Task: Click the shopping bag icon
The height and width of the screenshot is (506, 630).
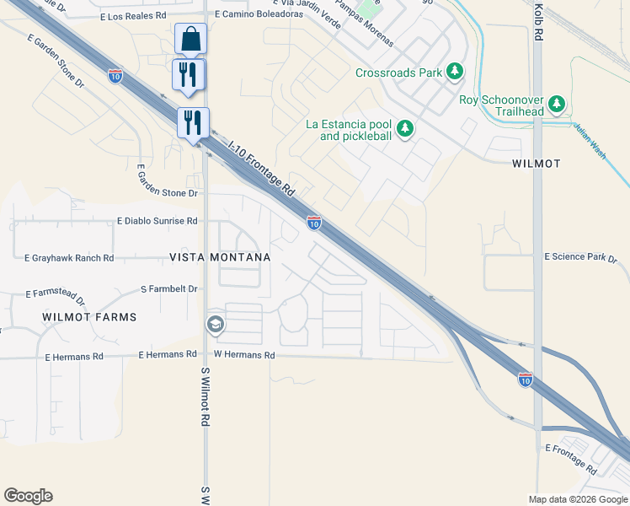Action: point(190,39)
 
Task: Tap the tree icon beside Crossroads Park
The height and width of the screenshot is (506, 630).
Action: point(455,72)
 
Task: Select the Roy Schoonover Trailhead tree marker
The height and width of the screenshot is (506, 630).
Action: point(557,104)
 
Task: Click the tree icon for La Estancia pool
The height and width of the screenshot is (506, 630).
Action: point(405,128)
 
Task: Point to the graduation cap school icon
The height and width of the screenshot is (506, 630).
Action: point(216,324)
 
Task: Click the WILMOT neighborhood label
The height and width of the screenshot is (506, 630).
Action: point(536,164)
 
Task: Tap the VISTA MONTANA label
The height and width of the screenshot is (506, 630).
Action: point(220,257)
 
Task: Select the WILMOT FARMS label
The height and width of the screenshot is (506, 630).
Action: point(89,317)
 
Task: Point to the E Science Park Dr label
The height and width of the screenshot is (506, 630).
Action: point(580,256)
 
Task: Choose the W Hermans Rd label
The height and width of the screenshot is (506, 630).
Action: point(244,355)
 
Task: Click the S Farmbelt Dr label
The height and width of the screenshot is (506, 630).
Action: point(169,288)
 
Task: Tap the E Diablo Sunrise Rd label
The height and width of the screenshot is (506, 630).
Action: point(157,221)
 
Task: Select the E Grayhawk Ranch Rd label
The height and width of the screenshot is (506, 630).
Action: point(69,258)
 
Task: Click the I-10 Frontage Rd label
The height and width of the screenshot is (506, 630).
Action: point(261,167)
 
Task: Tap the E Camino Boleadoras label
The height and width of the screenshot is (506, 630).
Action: point(259,14)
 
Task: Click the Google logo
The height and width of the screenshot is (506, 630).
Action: point(28,496)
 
